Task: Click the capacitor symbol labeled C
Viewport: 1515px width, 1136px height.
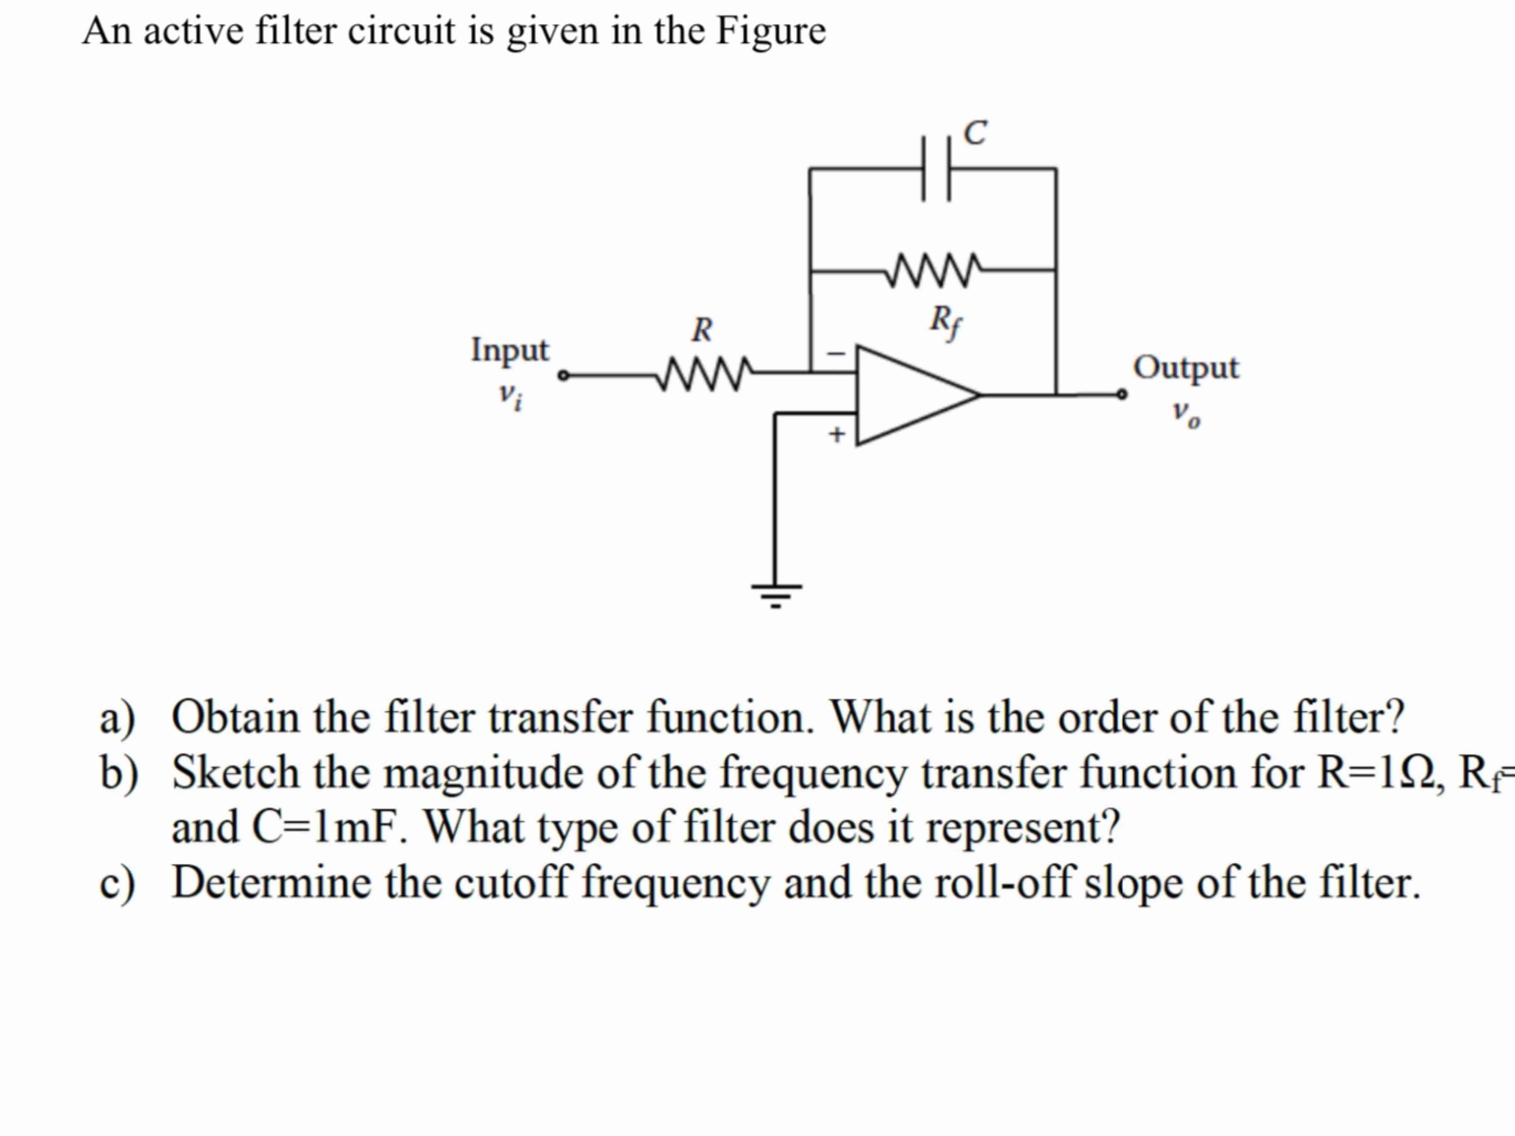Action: pyautogui.click(x=935, y=169)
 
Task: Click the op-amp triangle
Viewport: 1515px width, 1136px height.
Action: pyautogui.click(x=911, y=395)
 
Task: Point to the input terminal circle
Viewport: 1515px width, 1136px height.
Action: pyautogui.click(x=563, y=375)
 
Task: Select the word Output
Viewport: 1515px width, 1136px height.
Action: pyautogui.click(x=1185, y=368)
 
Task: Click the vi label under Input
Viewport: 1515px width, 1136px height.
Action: pyautogui.click(x=510, y=395)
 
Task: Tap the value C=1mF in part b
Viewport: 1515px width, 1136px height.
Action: pyautogui.click(x=326, y=827)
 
